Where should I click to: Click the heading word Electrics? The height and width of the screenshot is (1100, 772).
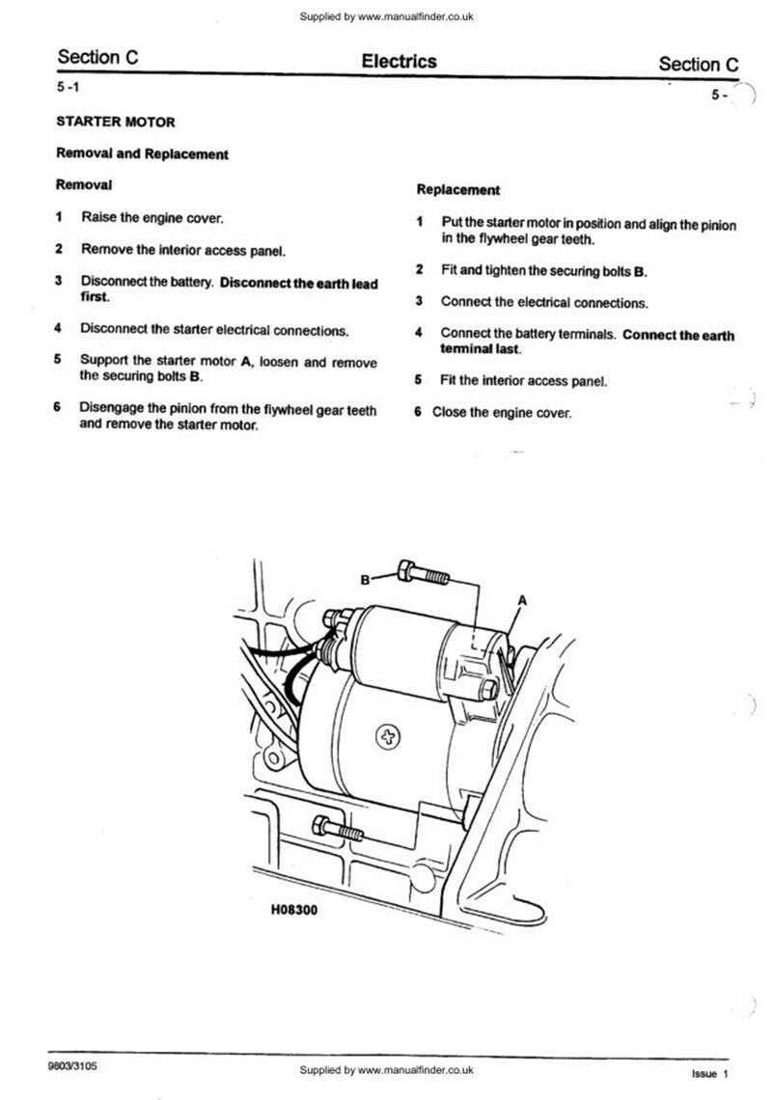tap(399, 62)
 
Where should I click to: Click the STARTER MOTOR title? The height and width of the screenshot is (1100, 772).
tap(116, 123)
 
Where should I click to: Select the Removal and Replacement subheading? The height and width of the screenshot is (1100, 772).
tap(142, 153)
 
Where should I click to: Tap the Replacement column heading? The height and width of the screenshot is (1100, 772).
tap(458, 190)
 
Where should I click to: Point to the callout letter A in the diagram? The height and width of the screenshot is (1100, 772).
tap(522, 599)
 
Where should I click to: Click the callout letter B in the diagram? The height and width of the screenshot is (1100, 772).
tap(366, 580)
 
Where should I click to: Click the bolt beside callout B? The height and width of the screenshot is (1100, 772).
tap(423, 576)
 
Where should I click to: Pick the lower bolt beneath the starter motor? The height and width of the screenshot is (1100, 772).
tap(338, 828)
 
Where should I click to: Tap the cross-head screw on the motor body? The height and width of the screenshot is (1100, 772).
tap(390, 738)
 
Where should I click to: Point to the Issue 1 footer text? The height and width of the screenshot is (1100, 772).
tap(709, 1073)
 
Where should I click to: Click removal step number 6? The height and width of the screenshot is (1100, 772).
tap(58, 408)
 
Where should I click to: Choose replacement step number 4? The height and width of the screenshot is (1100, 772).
tap(420, 334)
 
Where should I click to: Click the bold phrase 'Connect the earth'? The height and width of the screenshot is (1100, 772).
tap(677, 336)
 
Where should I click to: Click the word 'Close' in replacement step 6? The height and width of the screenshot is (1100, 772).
tap(450, 412)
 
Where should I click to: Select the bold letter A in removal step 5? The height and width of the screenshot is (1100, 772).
tap(245, 361)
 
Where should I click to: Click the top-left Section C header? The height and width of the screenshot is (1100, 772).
tap(97, 57)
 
